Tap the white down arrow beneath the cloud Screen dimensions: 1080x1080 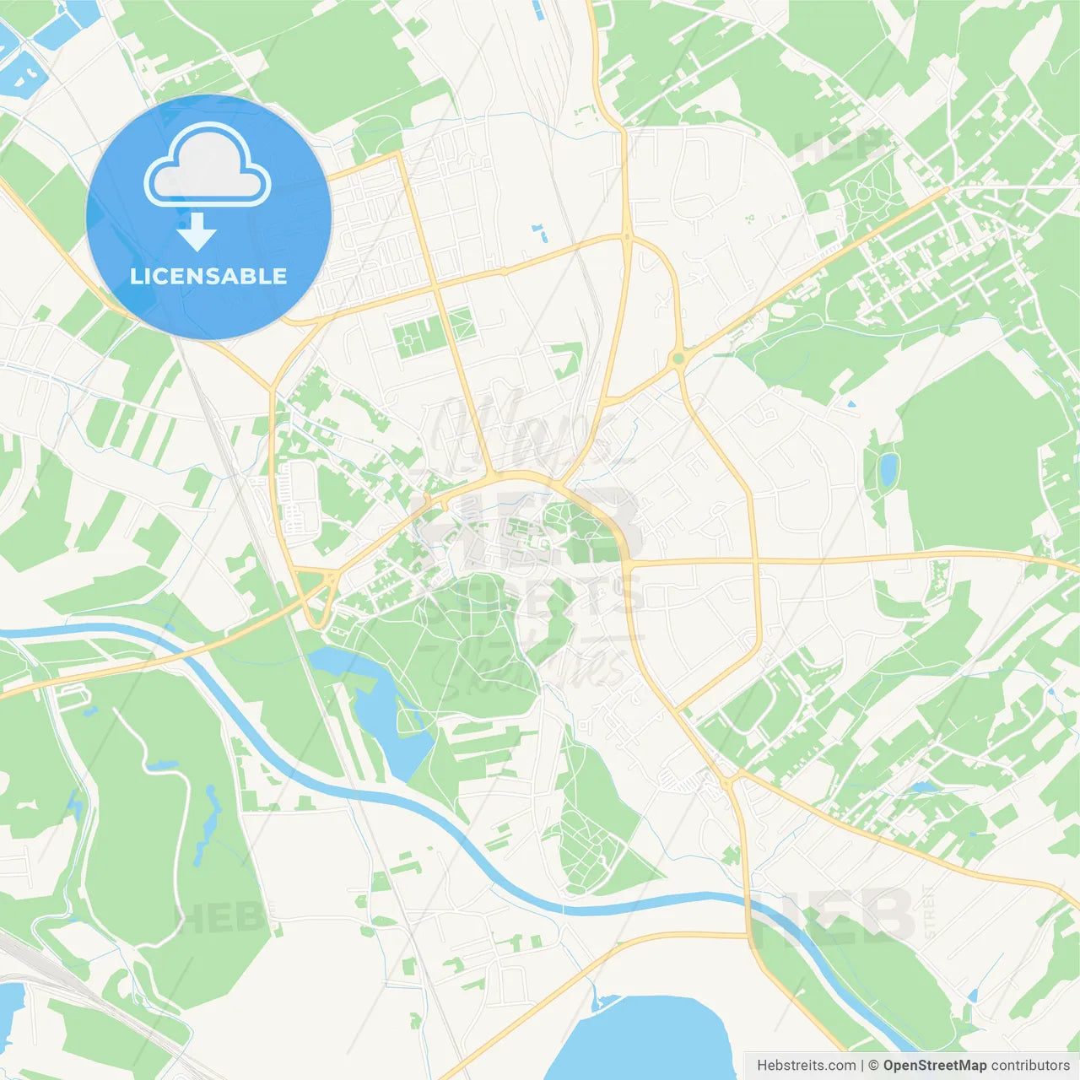click(197, 232)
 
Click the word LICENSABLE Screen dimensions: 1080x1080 click(208, 277)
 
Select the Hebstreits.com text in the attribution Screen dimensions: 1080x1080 click(806, 1066)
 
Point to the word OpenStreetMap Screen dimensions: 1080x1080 click(934, 1066)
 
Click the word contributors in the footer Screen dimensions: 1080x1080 click(1029, 1066)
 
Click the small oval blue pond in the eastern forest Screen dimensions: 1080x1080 click(888, 469)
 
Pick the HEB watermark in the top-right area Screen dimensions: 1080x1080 click(840, 147)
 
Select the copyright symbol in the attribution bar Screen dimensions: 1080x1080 click(874, 1066)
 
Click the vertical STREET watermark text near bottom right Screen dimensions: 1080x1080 click(930, 911)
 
